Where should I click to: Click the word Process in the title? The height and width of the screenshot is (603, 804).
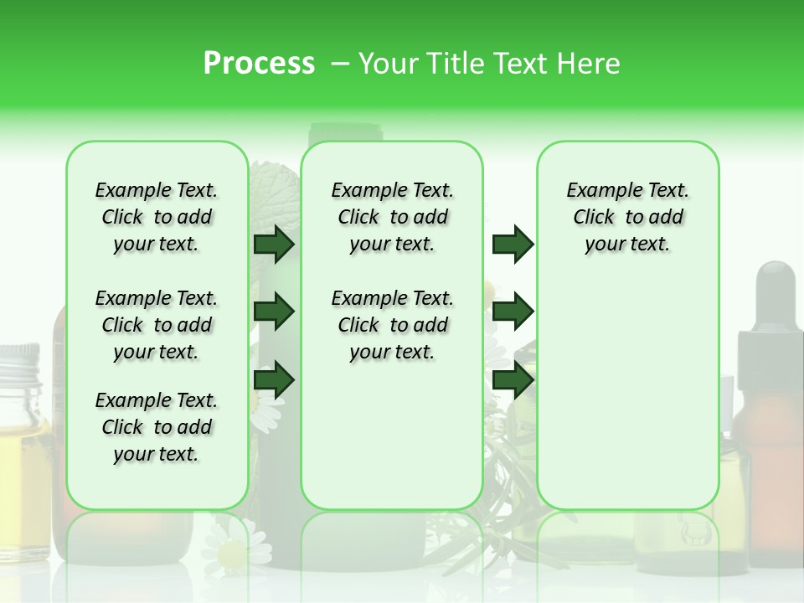259,64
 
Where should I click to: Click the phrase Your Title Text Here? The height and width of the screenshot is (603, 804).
489,64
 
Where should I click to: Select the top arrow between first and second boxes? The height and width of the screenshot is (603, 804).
273,245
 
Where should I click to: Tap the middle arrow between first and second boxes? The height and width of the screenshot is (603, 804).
273,312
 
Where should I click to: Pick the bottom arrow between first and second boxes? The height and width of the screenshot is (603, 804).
273,380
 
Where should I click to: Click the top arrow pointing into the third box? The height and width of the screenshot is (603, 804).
513,245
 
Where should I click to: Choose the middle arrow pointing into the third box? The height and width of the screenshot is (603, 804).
513,312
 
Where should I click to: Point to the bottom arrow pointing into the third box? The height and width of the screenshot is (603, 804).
513,380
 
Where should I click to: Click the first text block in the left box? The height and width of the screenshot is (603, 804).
157,217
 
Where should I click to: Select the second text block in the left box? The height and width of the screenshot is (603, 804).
157,325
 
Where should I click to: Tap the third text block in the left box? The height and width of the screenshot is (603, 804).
157,427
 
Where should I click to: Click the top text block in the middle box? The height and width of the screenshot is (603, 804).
392,217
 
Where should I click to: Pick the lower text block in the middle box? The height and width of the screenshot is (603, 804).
392,325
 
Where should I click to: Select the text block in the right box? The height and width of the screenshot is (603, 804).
627,217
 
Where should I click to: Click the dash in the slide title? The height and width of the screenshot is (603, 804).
340,64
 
